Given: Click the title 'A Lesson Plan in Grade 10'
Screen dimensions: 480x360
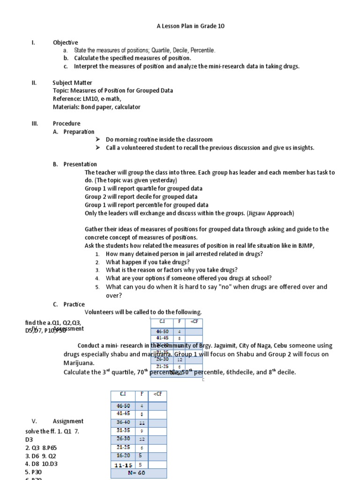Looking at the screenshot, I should [x=190, y=26].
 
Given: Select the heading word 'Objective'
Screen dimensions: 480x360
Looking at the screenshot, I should [x=65, y=43].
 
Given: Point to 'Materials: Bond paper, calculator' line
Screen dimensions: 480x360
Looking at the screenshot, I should [x=96, y=107].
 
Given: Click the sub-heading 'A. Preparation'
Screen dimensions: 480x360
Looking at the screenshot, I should [x=74, y=132].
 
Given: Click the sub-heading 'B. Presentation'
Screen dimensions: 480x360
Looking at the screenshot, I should [x=75, y=164].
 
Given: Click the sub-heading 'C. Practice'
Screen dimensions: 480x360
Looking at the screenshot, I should [x=69, y=304].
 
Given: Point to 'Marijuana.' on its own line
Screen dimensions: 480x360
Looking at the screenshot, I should [x=79, y=363].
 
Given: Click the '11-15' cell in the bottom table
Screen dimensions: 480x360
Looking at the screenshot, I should [x=123, y=465].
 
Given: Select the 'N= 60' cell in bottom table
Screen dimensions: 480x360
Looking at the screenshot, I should [x=138, y=472].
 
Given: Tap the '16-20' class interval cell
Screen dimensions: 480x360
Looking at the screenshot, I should [x=123, y=455].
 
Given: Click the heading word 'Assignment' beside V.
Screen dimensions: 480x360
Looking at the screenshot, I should [x=68, y=421].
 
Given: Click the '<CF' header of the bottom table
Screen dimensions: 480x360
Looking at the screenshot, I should [x=157, y=395].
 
